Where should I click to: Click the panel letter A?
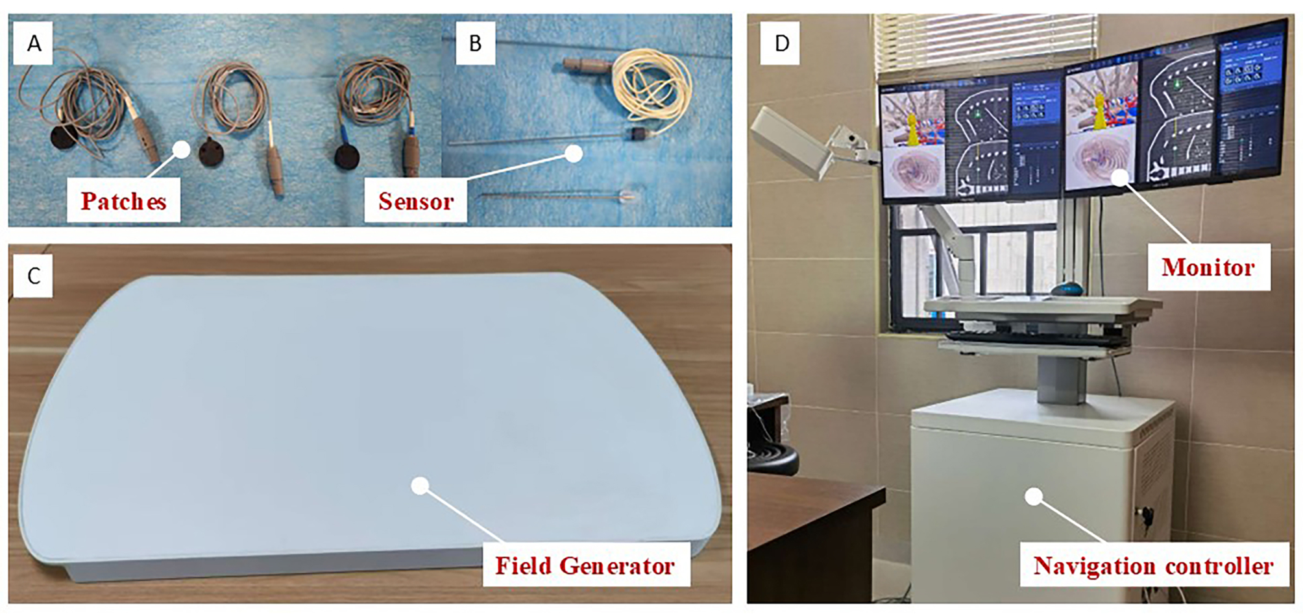click(34, 43)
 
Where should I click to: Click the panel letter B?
click(475, 43)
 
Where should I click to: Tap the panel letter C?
click(34, 276)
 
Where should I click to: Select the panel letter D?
click(782, 43)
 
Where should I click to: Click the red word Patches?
click(123, 202)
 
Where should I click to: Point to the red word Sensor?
click(415, 202)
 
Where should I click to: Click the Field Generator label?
click(585, 566)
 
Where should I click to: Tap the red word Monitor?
click(1208, 267)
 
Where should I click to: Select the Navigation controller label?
click(1153, 566)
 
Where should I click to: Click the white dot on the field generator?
click(420, 486)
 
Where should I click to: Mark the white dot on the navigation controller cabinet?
click(1034, 497)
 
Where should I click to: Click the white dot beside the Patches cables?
click(182, 150)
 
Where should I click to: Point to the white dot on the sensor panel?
click(574, 154)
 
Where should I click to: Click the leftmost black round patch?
click(64, 139)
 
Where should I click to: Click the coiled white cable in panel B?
click(651, 85)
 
